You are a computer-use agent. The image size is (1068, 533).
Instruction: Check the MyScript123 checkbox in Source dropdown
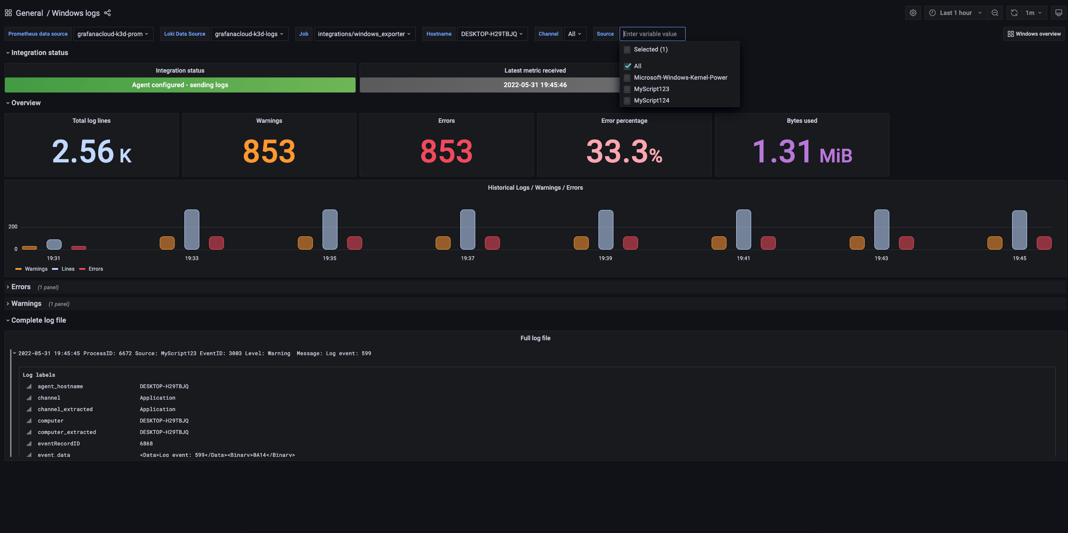coord(628,89)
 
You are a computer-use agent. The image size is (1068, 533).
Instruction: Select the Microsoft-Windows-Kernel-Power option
coord(680,77)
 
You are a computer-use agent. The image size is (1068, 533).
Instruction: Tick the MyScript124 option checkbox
coord(628,100)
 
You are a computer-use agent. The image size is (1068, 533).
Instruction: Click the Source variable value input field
coord(652,34)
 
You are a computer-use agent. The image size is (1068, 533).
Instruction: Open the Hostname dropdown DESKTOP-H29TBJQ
coord(492,34)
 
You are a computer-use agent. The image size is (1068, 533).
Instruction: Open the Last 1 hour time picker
coord(955,13)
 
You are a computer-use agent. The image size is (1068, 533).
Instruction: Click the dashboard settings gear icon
coord(913,13)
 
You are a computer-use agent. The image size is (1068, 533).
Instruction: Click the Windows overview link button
coord(1034,34)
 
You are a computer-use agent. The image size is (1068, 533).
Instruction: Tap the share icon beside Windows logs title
coord(107,13)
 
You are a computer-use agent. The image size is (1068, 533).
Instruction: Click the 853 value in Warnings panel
coord(269,151)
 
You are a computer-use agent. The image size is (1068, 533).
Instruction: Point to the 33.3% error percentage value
coord(624,151)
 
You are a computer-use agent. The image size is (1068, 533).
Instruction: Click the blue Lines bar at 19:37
coord(467,229)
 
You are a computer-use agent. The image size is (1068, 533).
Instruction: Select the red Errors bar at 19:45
coord(1044,243)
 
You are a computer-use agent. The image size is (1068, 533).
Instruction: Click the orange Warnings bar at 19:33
coord(167,243)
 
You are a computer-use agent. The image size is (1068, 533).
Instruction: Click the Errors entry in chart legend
coord(95,269)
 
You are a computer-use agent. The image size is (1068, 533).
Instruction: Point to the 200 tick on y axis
coord(13,227)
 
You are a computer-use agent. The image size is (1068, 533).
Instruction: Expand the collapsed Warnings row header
coord(26,304)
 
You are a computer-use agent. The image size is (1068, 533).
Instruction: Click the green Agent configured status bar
coord(180,85)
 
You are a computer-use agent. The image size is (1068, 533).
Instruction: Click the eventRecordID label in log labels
coord(59,444)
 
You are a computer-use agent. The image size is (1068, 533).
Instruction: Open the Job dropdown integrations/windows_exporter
coord(364,34)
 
